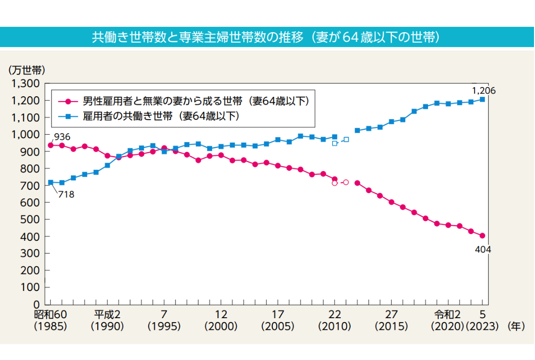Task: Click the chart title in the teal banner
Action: coord(267,37)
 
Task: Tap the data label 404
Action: coord(483,249)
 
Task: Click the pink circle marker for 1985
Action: coord(51,145)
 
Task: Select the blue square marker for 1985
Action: coord(51,182)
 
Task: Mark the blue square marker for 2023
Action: coord(482,99)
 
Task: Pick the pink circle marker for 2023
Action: coord(482,236)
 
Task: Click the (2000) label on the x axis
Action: coord(221,326)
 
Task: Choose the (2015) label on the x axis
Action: coord(392,326)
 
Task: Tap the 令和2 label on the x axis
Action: coord(447,314)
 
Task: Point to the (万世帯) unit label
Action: coord(27,70)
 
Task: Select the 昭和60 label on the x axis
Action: coord(50,314)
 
